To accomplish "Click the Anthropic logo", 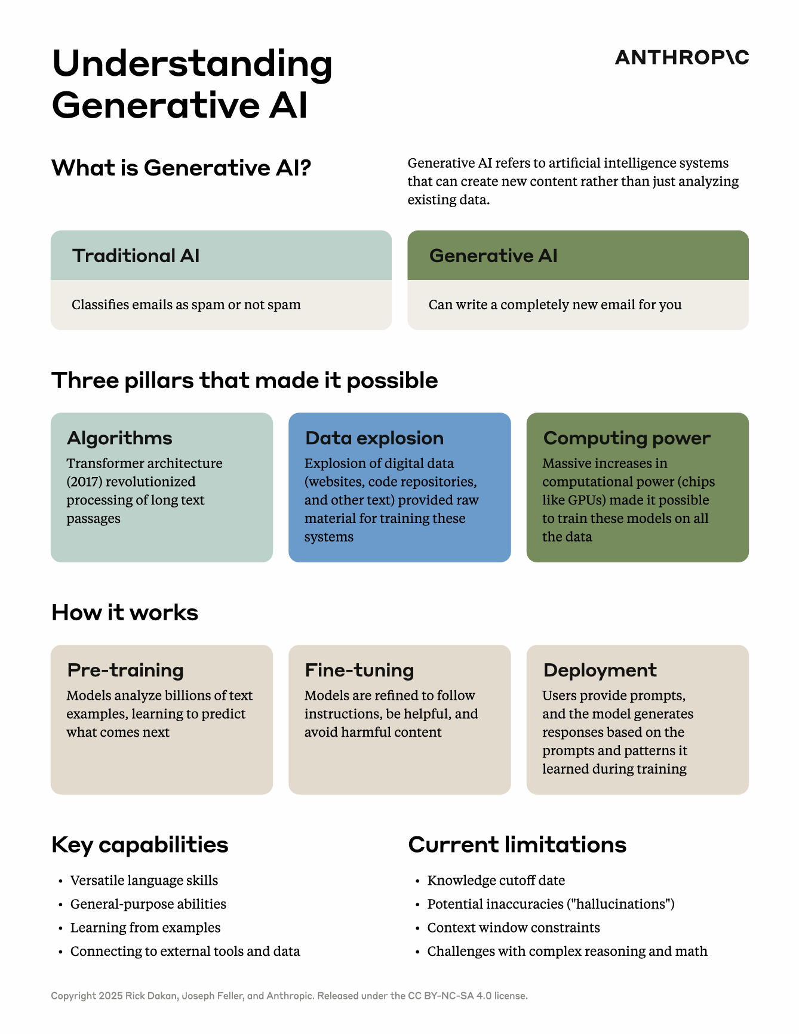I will click(681, 57).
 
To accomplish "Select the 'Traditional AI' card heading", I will click(136, 256).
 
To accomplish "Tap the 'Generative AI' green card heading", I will click(493, 256).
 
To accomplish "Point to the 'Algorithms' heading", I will click(119, 438).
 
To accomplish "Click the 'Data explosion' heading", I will click(374, 438).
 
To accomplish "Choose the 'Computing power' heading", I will click(626, 438).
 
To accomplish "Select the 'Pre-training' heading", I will click(125, 670).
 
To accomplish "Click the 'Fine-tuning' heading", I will click(359, 670).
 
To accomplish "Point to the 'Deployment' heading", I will click(600, 670).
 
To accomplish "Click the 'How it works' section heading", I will click(125, 613).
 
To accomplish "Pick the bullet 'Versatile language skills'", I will click(144, 881).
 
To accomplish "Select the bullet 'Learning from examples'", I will click(145, 928).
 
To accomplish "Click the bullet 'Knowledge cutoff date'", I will click(496, 881).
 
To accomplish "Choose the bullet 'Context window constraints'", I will click(514, 928).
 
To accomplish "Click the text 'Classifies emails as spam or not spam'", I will click(186, 305).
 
